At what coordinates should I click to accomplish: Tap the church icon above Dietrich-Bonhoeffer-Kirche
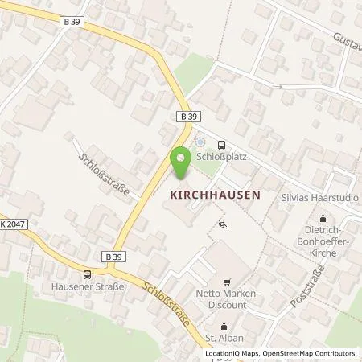click(323, 217)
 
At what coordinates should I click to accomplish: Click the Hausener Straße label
click(85, 288)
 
